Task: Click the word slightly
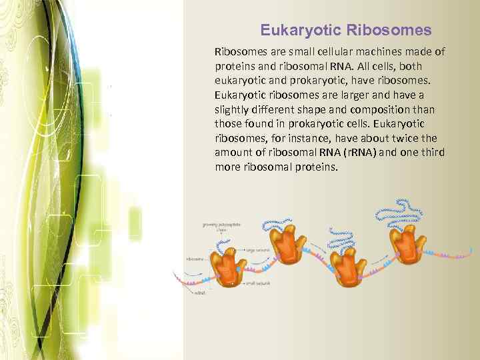tap(233, 109)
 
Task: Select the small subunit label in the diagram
tap(257, 283)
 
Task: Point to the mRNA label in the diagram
tap(201, 293)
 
